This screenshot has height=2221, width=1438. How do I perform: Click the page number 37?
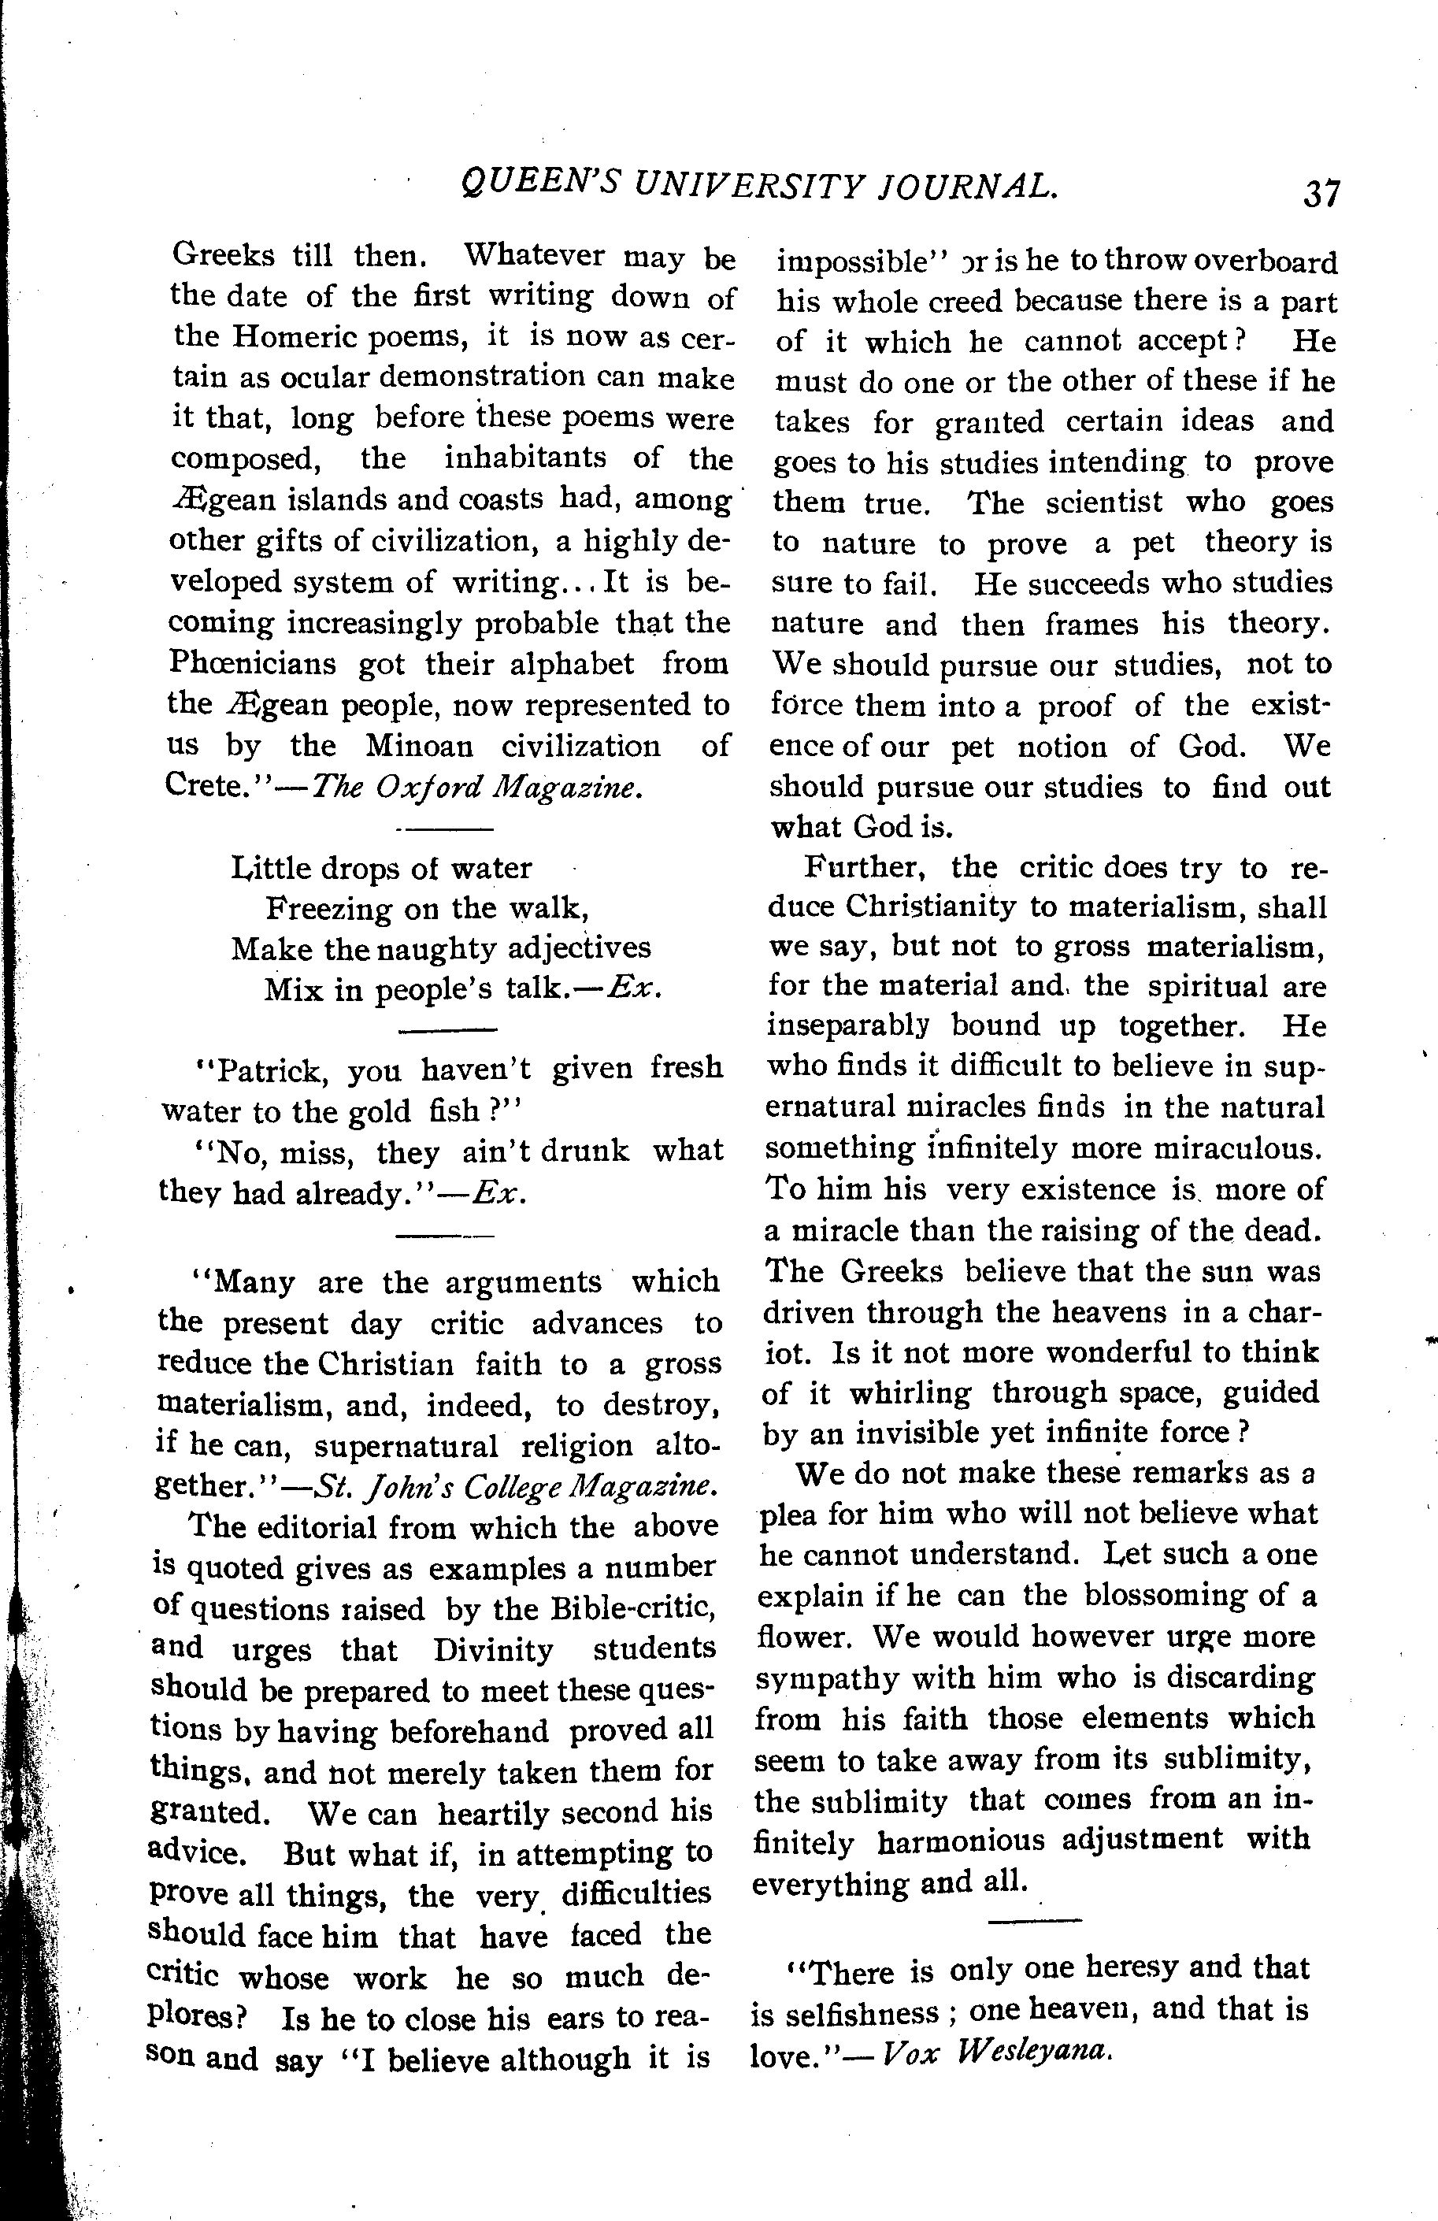(x=1321, y=195)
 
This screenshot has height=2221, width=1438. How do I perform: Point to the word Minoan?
(x=419, y=746)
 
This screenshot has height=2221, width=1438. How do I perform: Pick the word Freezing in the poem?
(x=328, y=907)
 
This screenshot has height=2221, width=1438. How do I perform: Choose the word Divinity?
(x=494, y=1650)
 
